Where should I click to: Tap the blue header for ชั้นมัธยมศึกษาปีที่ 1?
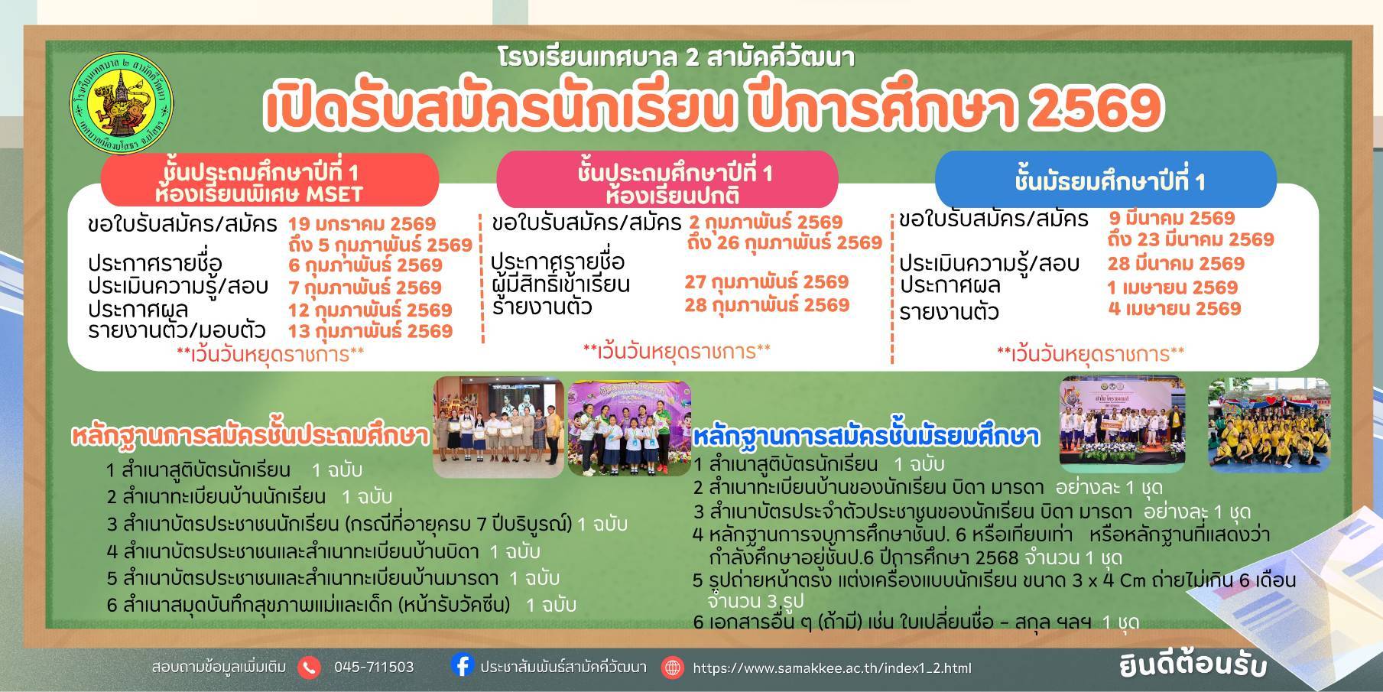[1105, 180]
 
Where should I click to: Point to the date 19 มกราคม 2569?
[362, 224]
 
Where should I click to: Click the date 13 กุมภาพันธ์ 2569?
[371, 331]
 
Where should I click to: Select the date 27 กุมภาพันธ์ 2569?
[767, 281]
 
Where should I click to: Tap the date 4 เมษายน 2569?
[1174, 308]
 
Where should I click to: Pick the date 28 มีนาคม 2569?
[1176, 264]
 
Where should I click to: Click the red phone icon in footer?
[310, 668]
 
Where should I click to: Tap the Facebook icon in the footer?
[462, 665]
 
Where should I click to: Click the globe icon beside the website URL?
[673, 668]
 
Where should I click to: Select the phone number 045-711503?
[374, 668]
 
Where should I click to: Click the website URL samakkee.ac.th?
[832, 668]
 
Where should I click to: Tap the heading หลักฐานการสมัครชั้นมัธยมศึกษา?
[866, 437]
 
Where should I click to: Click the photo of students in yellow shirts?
[1269, 424]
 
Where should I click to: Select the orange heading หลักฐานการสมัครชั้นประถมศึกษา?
[249, 436]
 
